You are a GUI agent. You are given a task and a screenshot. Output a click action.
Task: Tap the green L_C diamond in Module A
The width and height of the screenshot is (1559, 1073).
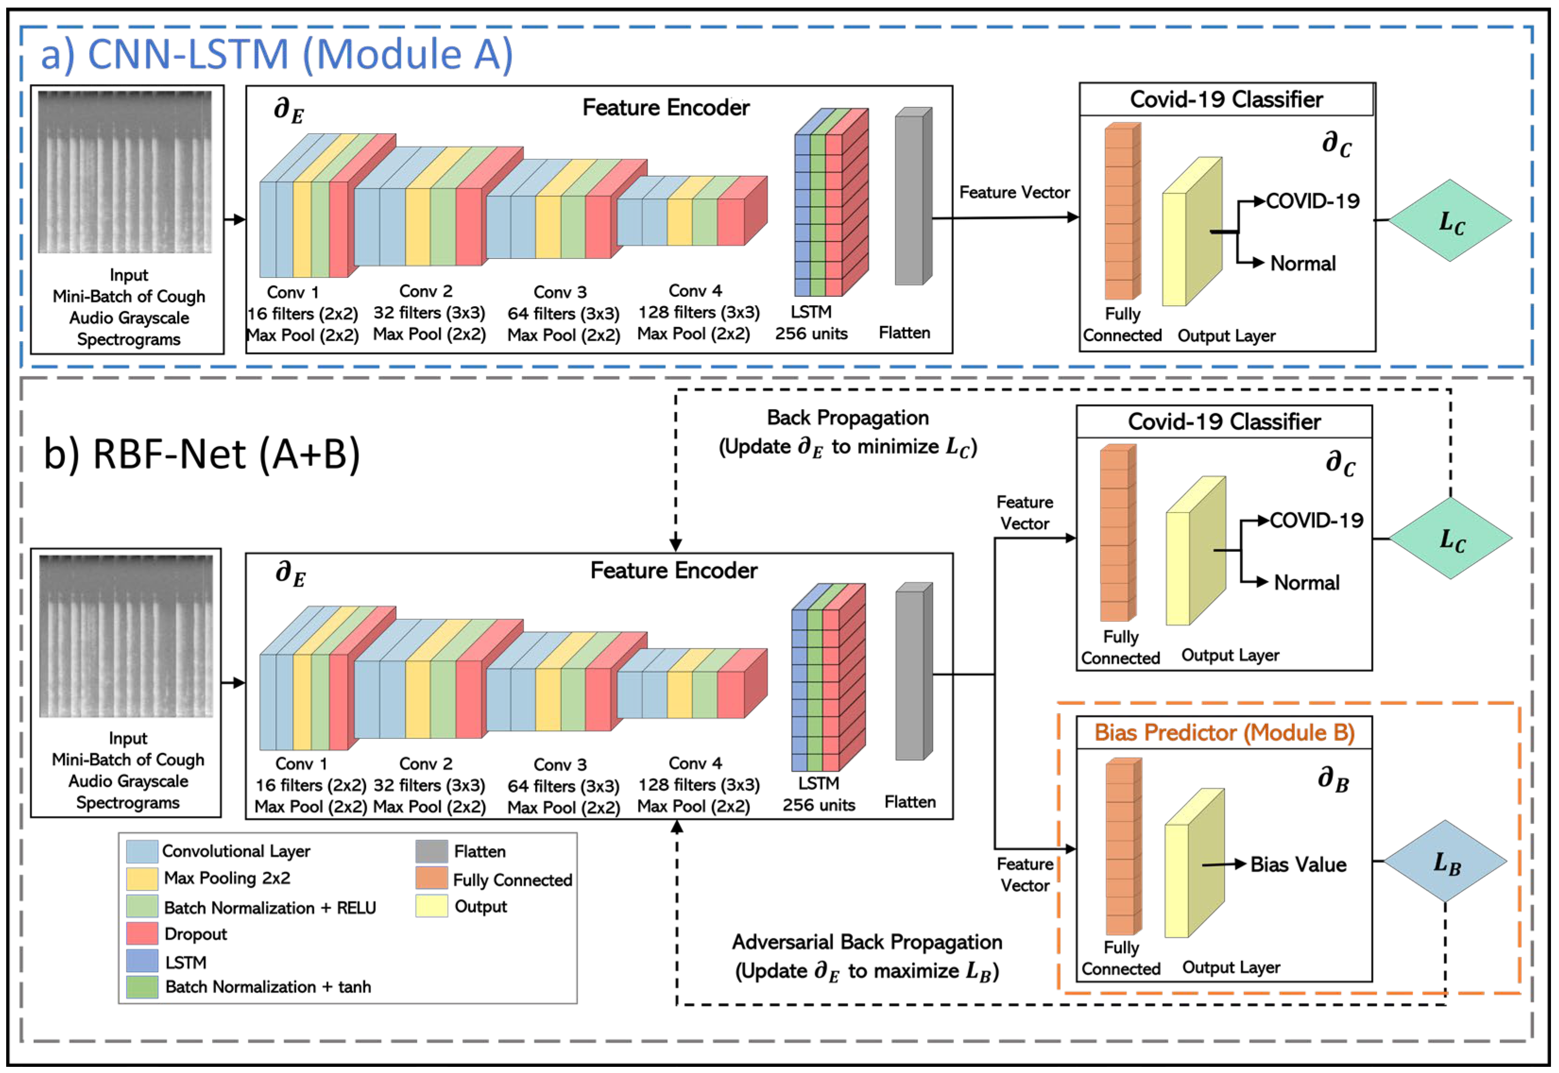[x=1450, y=221]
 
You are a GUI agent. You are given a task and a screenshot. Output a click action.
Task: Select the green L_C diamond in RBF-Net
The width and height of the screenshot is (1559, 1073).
[x=1450, y=539]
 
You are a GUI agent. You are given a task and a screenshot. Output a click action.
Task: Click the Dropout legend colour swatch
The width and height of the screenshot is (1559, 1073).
[x=142, y=934]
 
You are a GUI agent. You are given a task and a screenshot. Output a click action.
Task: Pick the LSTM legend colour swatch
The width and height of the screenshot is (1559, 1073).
[x=142, y=961]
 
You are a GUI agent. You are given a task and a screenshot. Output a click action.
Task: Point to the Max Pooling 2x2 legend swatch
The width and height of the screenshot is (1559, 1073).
[x=142, y=878]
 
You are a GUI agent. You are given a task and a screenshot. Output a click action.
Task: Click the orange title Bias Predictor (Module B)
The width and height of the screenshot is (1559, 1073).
[x=1224, y=733]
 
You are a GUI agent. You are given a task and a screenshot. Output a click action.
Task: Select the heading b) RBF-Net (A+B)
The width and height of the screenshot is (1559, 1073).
[x=202, y=455]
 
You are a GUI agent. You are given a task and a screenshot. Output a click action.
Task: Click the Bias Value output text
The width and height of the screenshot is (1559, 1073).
[x=1298, y=865]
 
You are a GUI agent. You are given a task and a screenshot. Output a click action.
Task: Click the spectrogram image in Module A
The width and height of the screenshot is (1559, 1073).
[x=125, y=172]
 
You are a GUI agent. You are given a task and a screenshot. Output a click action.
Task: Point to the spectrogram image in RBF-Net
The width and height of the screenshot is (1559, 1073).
[x=126, y=636]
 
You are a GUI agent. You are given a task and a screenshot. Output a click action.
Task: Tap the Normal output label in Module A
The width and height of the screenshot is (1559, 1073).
[x=1302, y=264]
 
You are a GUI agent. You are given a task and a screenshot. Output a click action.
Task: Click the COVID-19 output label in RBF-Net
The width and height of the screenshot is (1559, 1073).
[x=1316, y=520]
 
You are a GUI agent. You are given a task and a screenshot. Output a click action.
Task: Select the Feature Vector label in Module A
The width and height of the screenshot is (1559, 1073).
[x=1014, y=193]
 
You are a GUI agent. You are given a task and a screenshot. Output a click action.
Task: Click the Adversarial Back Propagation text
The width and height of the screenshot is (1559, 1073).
[x=867, y=943]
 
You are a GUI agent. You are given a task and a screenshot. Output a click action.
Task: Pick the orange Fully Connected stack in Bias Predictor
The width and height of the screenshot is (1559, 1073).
[x=1122, y=847]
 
